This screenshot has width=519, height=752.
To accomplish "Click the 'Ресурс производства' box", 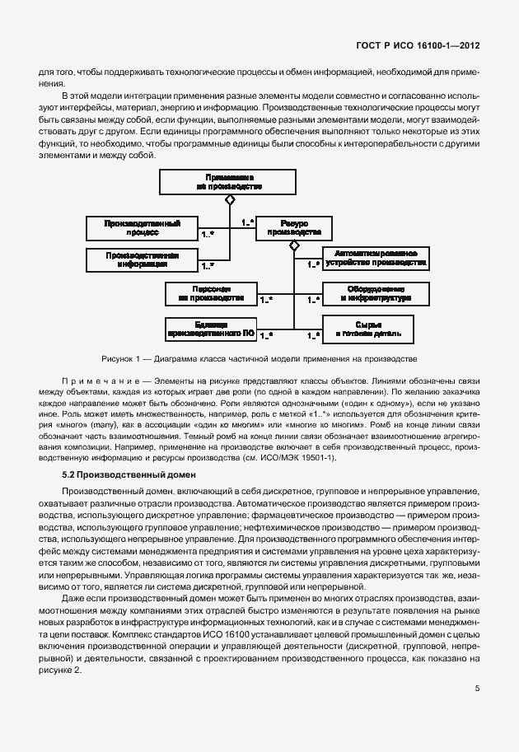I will point(293,227).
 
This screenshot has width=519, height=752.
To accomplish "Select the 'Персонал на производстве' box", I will point(212,292).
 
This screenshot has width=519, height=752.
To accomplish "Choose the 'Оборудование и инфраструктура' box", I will point(375,293).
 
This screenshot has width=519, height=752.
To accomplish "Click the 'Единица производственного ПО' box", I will point(212,329).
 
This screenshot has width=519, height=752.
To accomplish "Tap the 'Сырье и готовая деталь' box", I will point(375,329).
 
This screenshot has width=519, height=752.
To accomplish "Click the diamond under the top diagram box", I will point(231,200).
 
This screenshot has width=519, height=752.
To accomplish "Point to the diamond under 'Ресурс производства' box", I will point(293,245).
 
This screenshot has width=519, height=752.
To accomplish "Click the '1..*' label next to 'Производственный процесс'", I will point(208,235).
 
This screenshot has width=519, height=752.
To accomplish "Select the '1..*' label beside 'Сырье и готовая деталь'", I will point(313,334).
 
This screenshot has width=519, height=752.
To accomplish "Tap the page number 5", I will point(477,689).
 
